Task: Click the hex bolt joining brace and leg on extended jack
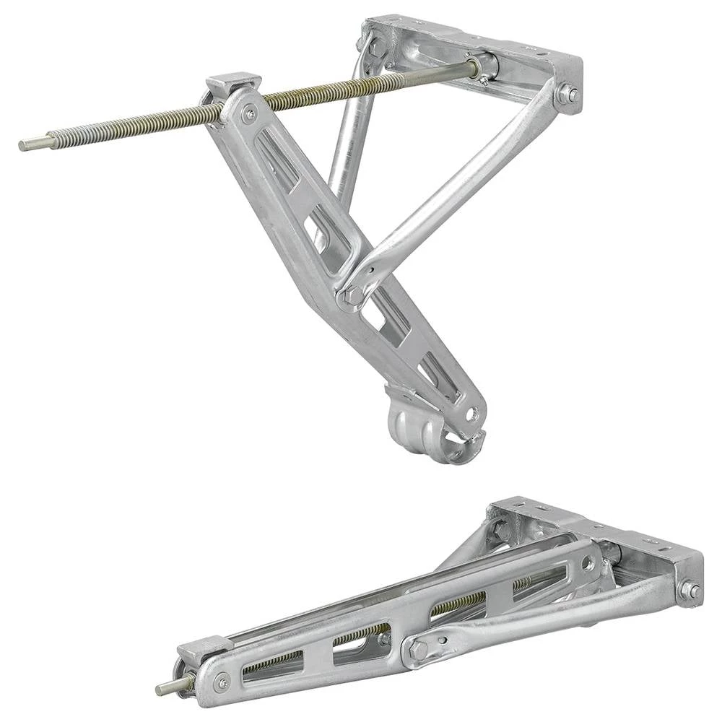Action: (x=354, y=296)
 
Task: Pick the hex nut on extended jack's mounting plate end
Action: (x=568, y=94)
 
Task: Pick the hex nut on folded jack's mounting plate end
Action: (x=690, y=591)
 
